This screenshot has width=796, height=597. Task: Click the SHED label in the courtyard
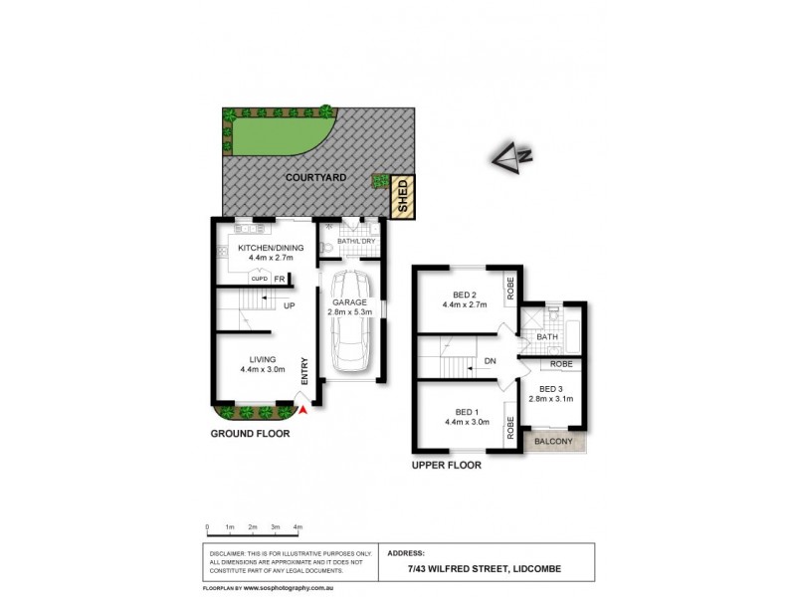[402, 195]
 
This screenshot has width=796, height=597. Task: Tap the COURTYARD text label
[315, 177]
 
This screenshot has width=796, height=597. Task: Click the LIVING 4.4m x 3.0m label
[263, 364]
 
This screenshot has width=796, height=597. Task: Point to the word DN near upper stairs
[489, 362]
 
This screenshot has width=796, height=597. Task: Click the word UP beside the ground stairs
[290, 305]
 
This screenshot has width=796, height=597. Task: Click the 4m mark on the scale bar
[298, 527]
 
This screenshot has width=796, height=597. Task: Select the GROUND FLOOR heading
[250, 435]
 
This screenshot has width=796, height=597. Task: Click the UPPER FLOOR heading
[447, 465]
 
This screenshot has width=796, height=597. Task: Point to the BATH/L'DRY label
[356, 241]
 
